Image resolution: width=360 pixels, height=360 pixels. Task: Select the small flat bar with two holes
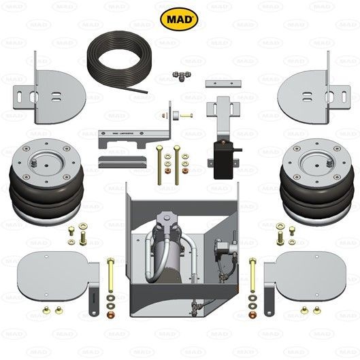click(x=225, y=84)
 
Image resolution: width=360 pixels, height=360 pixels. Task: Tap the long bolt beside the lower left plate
click(x=110, y=276)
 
